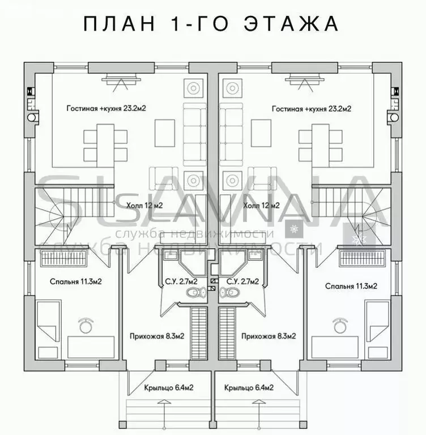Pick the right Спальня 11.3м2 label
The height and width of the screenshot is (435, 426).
pos(351,286)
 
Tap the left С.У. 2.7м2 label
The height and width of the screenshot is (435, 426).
pos(178,281)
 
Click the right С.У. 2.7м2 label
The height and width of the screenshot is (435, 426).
pos(242,281)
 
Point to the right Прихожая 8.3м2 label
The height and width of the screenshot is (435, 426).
pos(269,336)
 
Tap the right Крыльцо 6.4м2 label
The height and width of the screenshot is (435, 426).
pos(249,388)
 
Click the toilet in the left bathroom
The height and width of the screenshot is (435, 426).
pos(196,293)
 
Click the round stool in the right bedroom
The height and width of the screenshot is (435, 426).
pos(341,325)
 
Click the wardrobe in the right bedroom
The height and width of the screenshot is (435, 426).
pos(363,258)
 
